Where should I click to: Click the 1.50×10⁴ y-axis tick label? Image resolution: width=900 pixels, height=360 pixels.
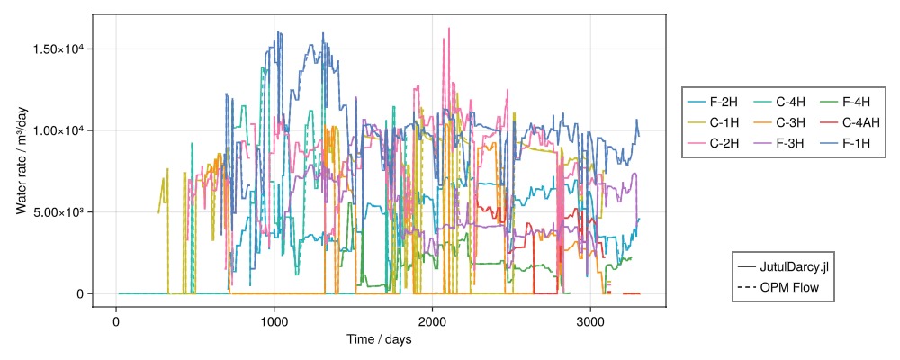(x=59, y=49)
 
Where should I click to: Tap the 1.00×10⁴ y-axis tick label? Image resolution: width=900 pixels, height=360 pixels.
(x=59, y=130)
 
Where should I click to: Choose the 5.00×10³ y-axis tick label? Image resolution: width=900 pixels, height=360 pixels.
(x=59, y=212)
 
